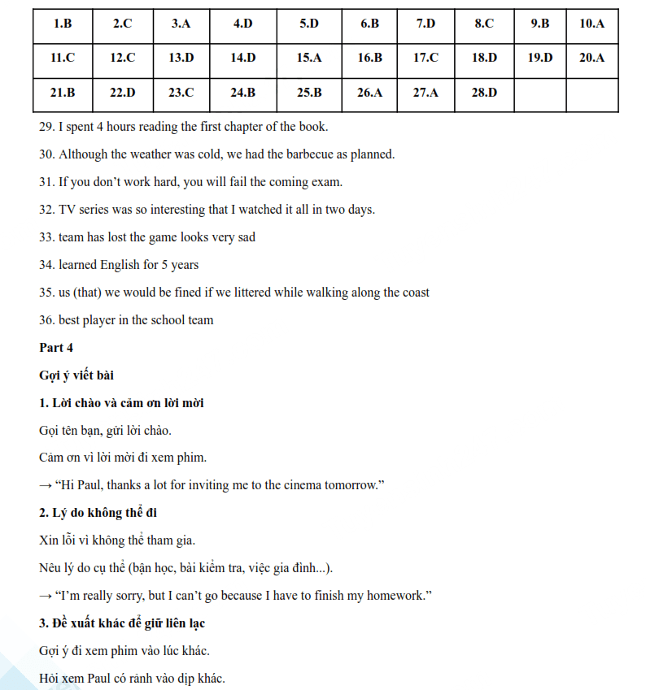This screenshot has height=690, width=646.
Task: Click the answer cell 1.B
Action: pos(63,24)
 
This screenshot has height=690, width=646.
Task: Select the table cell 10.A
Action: pos(591,24)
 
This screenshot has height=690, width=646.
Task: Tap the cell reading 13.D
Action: pos(181,58)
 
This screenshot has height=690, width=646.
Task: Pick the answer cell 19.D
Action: pos(539,58)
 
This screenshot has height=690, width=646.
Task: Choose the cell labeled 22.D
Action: pos(122,93)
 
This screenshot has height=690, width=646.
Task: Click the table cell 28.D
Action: pos(484,93)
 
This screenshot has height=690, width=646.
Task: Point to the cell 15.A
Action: pos(309,58)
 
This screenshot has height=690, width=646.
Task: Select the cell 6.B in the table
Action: pos(369,24)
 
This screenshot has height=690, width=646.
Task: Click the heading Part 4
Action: pos(56,348)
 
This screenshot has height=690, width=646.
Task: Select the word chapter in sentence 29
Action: pos(248,127)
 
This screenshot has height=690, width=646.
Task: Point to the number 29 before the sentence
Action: pos(46,127)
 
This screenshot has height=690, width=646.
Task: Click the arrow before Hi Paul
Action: pos(46,485)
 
